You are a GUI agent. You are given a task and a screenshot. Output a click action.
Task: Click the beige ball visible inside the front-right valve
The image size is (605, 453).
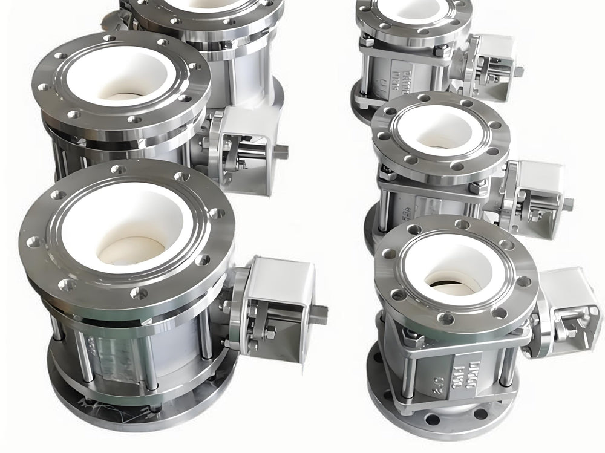pos(448,284)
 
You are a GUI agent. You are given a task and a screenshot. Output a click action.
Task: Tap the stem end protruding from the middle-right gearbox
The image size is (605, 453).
pos(568,204)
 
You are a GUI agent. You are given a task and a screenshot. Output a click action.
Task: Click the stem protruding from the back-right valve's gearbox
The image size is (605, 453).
pos(518,71)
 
